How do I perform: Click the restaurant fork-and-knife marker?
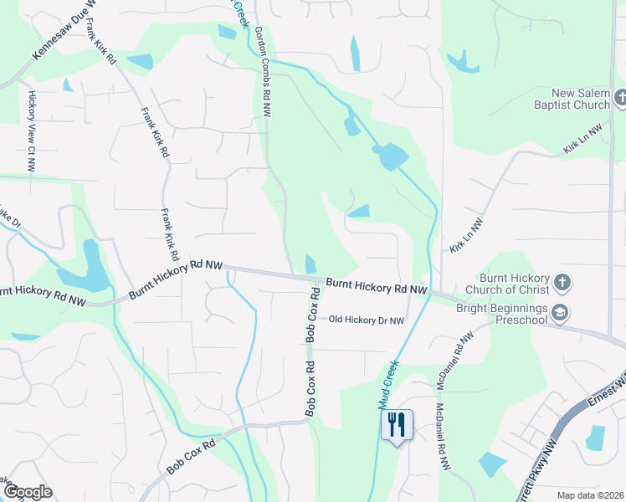(397, 424)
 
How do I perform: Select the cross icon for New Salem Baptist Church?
(620, 99)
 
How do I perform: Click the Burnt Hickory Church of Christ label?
(514, 284)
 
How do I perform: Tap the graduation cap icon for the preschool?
(560, 314)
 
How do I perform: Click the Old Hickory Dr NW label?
(366, 320)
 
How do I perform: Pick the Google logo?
(27, 492)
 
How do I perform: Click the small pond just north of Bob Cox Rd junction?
(310, 264)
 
